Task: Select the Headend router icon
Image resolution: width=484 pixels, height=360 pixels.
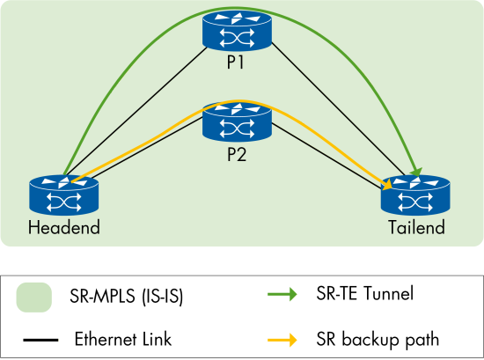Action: point(64,194)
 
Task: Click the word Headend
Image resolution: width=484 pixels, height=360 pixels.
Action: point(64,227)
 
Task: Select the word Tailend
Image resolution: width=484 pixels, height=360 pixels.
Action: point(416,227)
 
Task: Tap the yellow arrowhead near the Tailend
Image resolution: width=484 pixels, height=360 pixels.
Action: point(387,184)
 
